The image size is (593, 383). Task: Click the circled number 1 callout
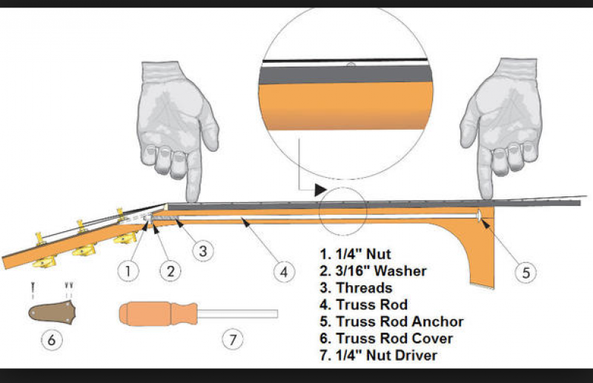[129, 270]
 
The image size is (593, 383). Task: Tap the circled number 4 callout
[282, 272]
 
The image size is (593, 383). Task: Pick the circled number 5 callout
[525, 272]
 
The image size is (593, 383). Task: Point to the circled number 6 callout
[51, 340]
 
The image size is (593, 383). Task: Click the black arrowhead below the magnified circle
[319, 190]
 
